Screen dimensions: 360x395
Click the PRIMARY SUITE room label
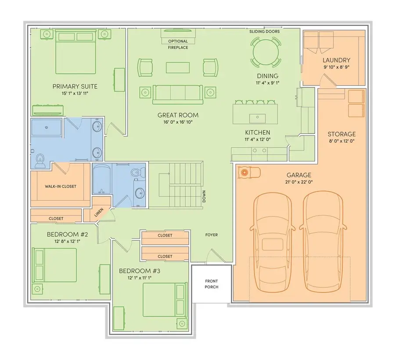coord(75,86)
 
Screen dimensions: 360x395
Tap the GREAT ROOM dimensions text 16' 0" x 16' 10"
coord(175,122)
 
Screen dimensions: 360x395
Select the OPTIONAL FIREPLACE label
coord(178,44)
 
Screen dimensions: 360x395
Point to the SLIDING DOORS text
coord(264,32)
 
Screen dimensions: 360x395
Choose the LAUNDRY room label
coord(336,60)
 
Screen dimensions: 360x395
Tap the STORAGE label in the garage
coord(341,134)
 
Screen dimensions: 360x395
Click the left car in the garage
coord(273,244)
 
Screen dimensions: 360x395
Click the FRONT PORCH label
coord(212,284)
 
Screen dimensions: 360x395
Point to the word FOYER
coord(212,235)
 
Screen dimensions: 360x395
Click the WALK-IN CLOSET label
coord(61,186)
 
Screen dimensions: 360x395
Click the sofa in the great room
coord(177,93)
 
